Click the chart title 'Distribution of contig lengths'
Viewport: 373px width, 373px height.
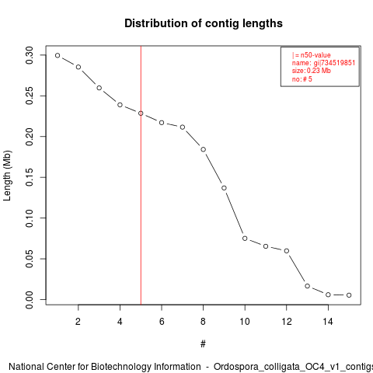pos(204,23)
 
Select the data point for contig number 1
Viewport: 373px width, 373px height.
pos(58,55)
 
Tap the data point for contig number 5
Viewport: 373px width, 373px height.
pos(141,113)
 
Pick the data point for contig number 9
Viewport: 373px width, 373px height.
pos(224,188)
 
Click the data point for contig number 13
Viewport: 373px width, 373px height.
pos(308,286)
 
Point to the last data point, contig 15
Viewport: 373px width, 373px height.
pos(349,295)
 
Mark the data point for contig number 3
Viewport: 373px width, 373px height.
pos(99,88)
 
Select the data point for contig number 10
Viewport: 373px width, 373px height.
pos(245,239)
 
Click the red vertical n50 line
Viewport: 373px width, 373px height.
pos(141,175)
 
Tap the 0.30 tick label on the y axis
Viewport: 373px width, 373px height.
pos(30,55)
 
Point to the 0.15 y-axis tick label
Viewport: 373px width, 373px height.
pos(30,177)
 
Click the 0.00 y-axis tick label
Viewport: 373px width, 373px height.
pos(30,300)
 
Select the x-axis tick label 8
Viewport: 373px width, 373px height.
pos(203,322)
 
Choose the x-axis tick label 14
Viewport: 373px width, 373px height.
pos(328,322)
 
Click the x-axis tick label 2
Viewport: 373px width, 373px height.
pos(78,322)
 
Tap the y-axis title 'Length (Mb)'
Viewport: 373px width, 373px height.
pos(7,176)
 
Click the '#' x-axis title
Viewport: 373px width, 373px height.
pos(203,344)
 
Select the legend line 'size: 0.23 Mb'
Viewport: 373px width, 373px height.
pos(311,71)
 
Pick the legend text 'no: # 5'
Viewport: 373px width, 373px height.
pos(302,79)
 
